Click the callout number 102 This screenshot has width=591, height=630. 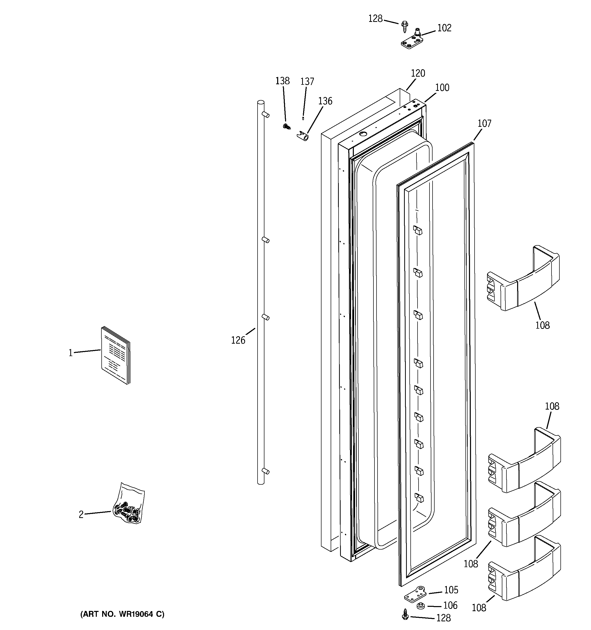click(444, 28)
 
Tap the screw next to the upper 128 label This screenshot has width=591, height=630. click(405, 26)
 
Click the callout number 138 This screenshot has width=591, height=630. click(282, 81)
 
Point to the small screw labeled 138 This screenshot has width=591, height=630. click(287, 127)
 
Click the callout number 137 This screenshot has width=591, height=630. click(307, 82)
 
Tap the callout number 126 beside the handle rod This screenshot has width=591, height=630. click(238, 340)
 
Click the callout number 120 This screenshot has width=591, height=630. click(418, 74)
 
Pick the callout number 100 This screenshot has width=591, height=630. click(442, 88)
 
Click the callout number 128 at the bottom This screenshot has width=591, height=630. click(443, 618)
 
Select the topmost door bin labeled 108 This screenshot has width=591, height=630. click(523, 278)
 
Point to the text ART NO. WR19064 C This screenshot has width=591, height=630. click(122, 614)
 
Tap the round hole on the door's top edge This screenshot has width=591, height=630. click(362, 134)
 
